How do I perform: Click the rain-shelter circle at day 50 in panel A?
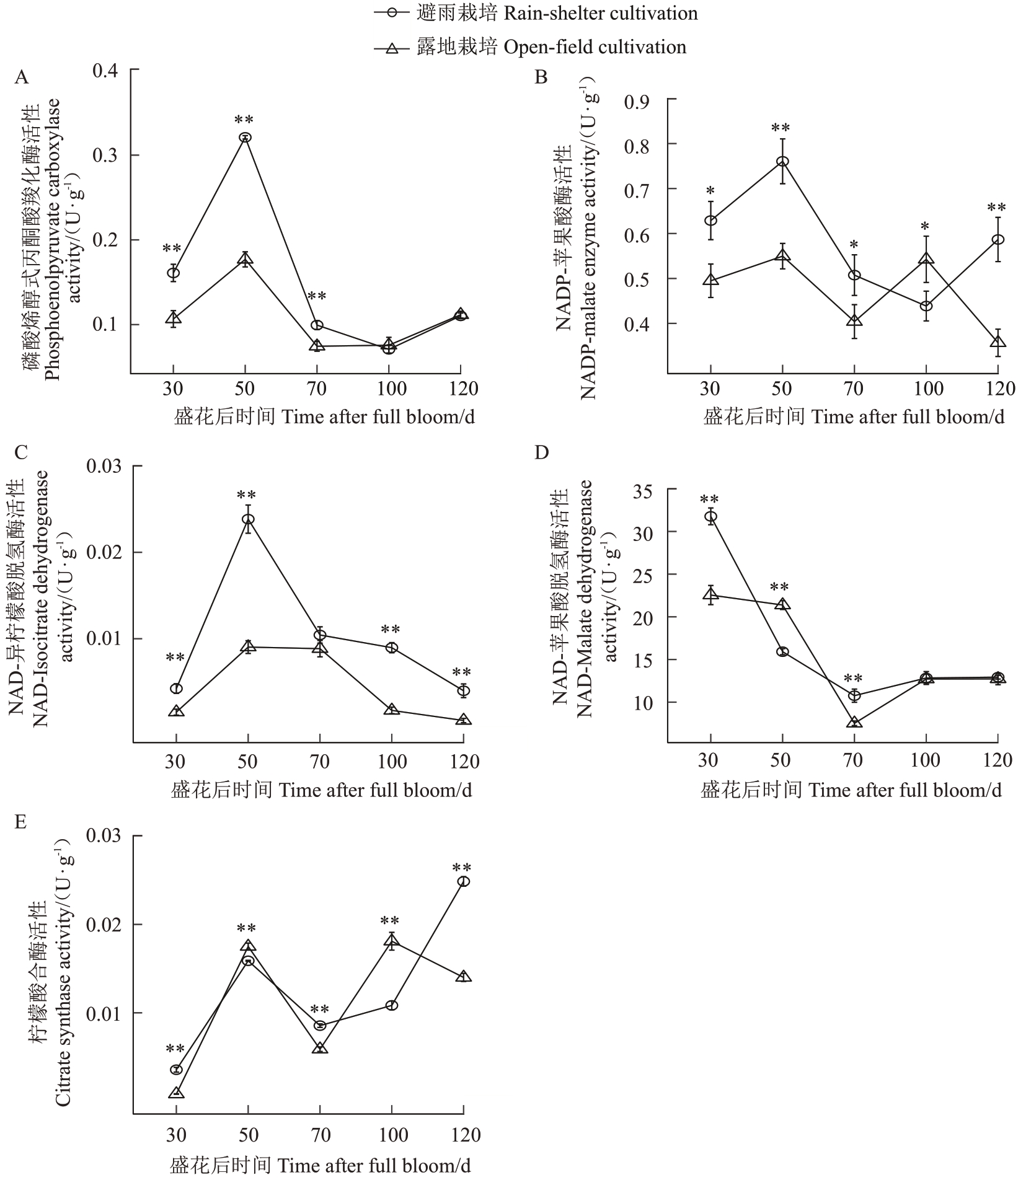tap(245, 137)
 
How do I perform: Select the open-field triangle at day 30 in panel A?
tap(173, 319)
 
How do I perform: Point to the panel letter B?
tap(541, 77)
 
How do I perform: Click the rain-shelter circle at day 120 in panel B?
tap(998, 239)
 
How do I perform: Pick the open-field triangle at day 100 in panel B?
tap(926, 259)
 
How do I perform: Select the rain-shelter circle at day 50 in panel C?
tap(248, 519)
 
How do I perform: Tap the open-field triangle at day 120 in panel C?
tap(464, 720)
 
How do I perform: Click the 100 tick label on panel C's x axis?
tap(391, 762)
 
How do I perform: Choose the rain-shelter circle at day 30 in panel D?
tap(710, 516)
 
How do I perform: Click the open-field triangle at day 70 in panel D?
tap(854, 722)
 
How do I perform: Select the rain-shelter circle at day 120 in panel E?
tap(464, 881)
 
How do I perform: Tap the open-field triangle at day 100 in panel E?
tap(392, 941)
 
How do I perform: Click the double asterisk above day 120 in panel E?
tap(462, 868)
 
